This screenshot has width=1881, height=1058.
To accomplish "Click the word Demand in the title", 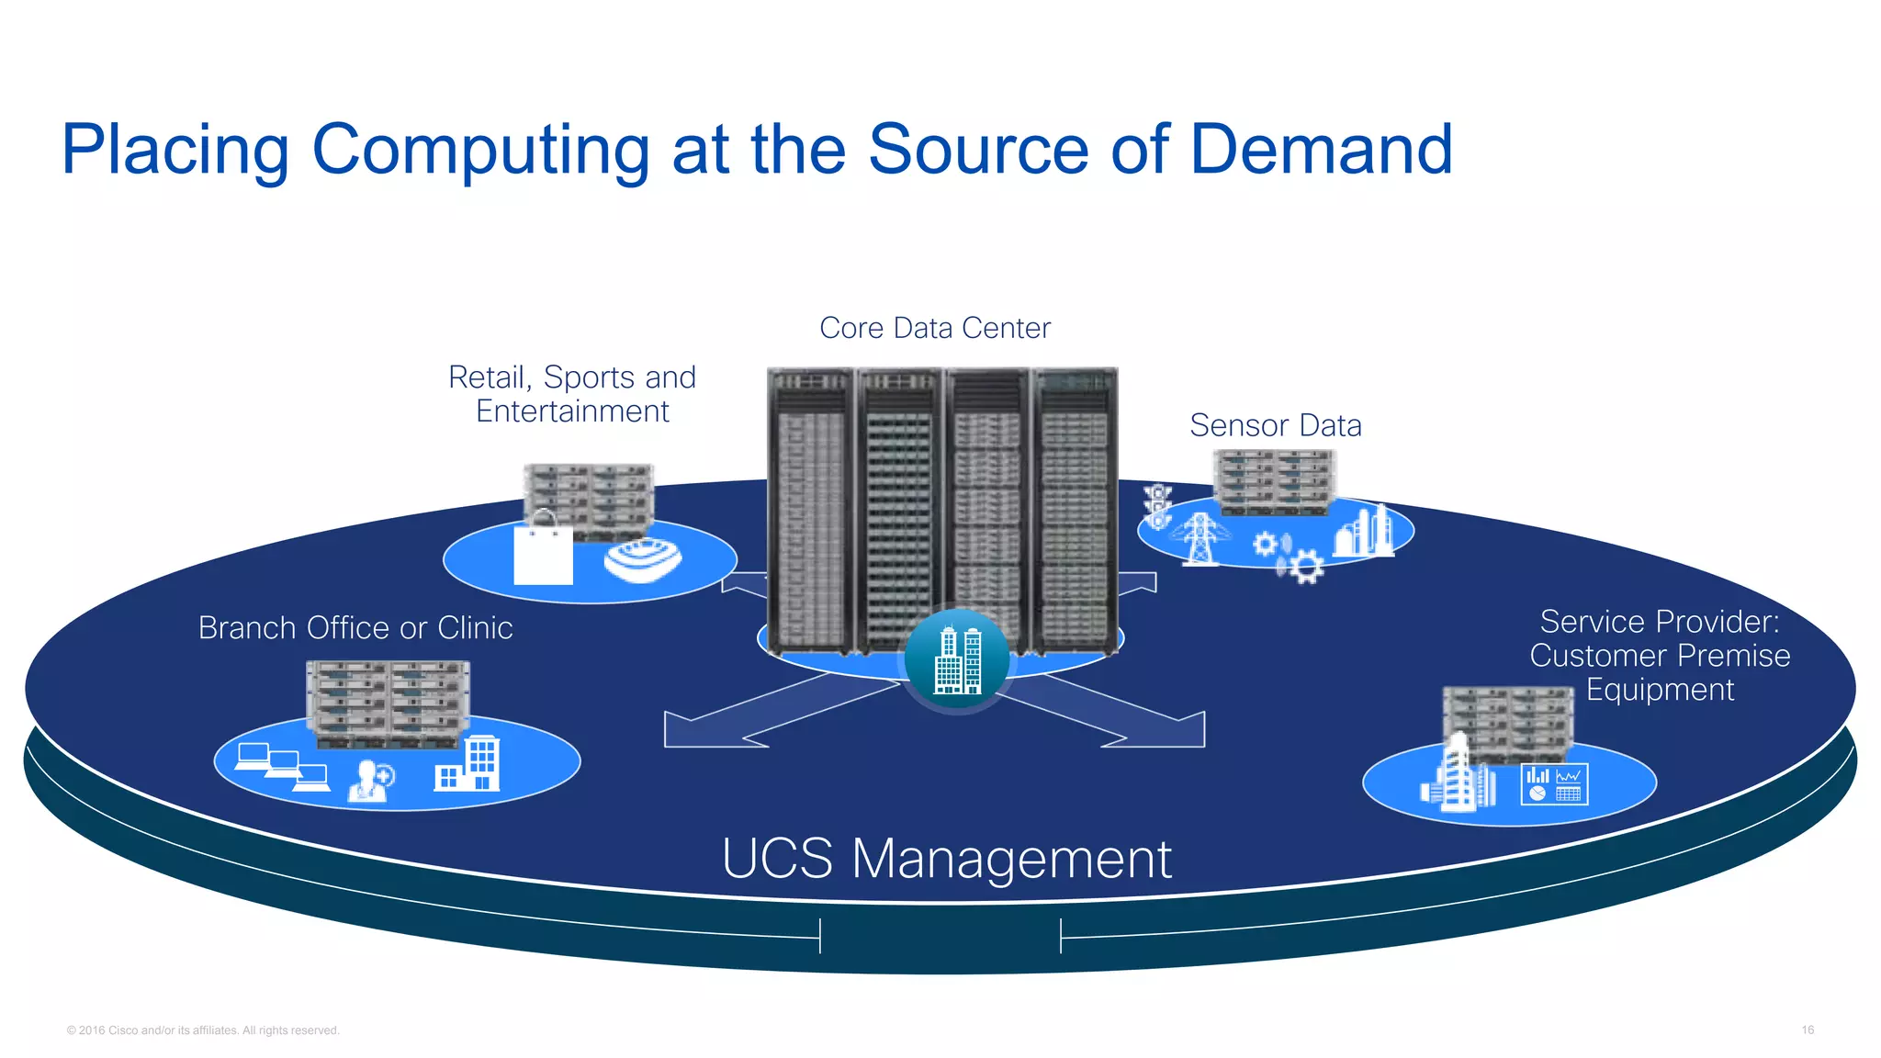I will (1321, 150).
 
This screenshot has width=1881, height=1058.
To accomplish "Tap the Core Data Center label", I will (934, 328).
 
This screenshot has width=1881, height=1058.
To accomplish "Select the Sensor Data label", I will (1275, 425).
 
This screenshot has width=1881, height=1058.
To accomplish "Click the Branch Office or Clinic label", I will (355, 627).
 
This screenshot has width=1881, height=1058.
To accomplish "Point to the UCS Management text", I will (946, 859).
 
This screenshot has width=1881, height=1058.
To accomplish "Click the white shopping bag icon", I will (543, 551).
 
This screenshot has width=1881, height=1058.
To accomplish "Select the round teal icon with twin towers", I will (957, 659).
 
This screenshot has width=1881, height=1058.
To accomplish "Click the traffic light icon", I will (1157, 506).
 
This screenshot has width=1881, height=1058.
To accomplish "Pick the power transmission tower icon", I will (1200, 538).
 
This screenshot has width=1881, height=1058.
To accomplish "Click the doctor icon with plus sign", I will (371, 782).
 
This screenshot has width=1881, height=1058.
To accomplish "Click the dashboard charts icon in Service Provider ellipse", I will (1554, 784).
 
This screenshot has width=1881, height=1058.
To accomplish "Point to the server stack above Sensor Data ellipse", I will (1273, 481).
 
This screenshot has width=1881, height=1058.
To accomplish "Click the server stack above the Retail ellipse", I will (589, 499).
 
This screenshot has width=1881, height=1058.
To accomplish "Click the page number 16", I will (1807, 1030).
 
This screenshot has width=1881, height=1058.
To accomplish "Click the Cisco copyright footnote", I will (203, 1030).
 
